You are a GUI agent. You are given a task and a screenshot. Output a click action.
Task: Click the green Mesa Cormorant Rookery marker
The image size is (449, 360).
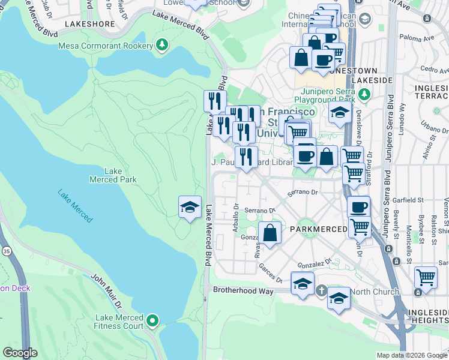[x=161, y=46]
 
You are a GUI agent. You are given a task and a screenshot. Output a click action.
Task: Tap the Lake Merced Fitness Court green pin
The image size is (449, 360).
[x=152, y=322]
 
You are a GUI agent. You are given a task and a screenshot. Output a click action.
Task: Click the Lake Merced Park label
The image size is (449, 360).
[x=113, y=175]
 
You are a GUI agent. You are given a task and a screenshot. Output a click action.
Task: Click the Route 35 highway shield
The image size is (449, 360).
[x=7, y=249]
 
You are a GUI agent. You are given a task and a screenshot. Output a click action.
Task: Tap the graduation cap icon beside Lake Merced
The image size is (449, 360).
[x=190, y=208]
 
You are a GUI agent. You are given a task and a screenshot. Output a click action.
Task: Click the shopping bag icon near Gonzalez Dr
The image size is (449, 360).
[x=270, y=233]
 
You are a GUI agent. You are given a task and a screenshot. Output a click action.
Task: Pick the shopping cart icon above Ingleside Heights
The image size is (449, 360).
[x=426, y=278]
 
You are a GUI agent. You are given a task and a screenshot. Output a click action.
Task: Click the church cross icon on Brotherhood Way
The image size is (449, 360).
[x=321, y=292]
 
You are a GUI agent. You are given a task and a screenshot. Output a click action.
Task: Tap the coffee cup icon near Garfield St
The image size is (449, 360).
[x=359, y=207]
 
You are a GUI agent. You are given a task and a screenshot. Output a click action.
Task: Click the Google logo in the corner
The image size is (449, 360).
[x=20, y=353]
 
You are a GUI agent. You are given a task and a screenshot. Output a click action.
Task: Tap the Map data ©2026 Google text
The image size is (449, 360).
[x=412, y=355]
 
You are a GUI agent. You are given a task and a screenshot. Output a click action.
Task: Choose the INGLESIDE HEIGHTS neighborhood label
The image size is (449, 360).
[x=427, y=317]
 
